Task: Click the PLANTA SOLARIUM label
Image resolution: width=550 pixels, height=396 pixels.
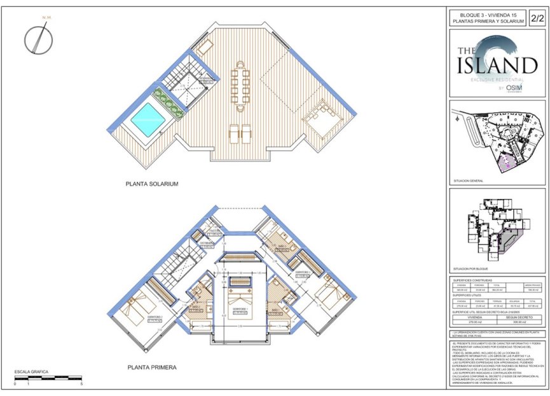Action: pos(151,184)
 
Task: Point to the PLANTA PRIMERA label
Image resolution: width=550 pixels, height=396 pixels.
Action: pos(151,367)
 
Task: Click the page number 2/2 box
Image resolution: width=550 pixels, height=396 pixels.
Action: pos(537,17)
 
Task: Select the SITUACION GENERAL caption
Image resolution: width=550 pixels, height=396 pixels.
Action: pos(469,181)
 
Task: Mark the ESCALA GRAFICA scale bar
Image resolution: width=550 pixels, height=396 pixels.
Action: pos(48,378)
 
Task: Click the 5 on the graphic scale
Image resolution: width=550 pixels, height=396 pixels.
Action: pos(81,385)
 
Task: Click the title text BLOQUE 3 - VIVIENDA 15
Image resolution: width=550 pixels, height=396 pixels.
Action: pos(488,13)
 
